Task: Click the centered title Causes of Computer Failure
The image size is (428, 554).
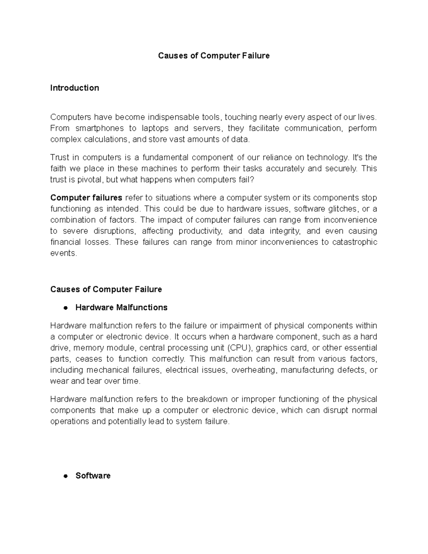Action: coord(214,56)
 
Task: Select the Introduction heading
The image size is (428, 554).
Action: coord(75,88)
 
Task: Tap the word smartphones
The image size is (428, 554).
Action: coord(100,128)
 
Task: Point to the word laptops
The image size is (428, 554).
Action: coord(155,128)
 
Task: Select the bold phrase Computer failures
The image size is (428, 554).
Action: coord(86,198)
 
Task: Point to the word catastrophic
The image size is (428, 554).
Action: coord(355,242)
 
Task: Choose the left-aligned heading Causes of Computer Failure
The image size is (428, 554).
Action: coord(106,289)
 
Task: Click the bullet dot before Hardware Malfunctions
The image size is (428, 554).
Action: coord(65,308)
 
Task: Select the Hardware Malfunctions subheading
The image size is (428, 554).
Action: coord(121,308)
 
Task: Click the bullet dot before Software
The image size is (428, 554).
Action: coord(65,476)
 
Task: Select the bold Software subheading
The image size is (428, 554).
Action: coord(93,476)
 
